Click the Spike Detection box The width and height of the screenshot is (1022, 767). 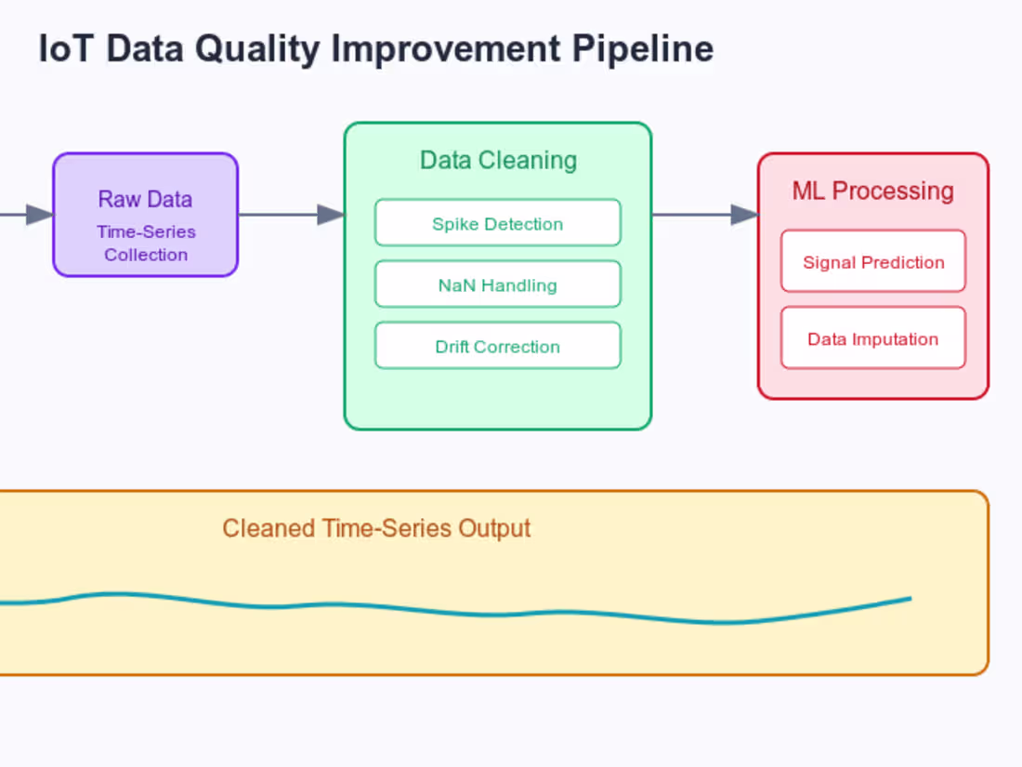coord(497,223)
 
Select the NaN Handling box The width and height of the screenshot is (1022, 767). coord(497,284)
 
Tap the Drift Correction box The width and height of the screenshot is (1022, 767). coord(497,346)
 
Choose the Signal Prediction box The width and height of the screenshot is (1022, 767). coord(872,261)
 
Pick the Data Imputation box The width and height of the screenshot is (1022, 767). coord(872,338)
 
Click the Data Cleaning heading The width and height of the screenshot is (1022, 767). coord(498,160)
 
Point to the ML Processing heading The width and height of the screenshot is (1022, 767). coord(872,191)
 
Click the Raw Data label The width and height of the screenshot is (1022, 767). coord(145,199)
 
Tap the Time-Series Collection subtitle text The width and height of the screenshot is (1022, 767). coord(146,243)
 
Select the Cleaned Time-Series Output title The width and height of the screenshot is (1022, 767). coord(376,528)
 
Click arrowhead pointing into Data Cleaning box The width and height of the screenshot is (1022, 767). coord(332,215)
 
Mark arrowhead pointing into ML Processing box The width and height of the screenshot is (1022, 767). coord(745,215)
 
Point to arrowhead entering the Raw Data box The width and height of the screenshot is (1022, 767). coord(40,215)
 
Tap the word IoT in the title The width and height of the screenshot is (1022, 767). coord(65,49)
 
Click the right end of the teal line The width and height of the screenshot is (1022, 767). coord(909,599)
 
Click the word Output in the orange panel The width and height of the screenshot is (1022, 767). coord(493,528)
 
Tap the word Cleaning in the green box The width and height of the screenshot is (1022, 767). coord(533,160)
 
